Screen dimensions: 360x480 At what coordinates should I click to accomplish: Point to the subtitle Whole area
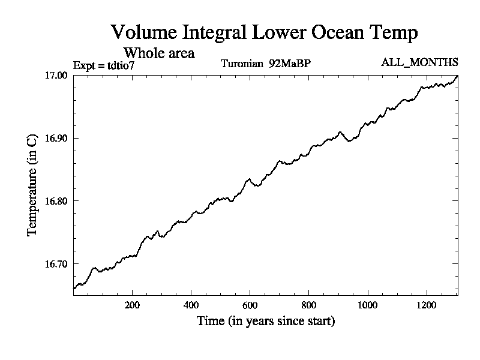click(x=158, y=53)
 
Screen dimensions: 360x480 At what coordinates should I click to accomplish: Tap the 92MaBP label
click(x=290, y=64)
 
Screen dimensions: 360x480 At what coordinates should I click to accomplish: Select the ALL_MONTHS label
click(x=419, y=62)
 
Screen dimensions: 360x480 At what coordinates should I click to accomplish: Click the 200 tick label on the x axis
click(x=132, y=304)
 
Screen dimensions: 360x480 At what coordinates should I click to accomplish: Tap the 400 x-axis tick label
click(x=191, y=304)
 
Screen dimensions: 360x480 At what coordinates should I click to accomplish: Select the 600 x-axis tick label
click(x=250, y=304)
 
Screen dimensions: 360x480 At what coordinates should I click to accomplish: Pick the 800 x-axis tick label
click(x=308, y=304)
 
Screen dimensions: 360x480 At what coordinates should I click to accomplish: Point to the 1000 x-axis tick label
click(x=367, y=304)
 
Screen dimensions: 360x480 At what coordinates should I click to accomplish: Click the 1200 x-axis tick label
click(x=426, y=304)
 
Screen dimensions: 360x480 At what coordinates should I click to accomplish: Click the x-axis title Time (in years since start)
click(x=266, y=321)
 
